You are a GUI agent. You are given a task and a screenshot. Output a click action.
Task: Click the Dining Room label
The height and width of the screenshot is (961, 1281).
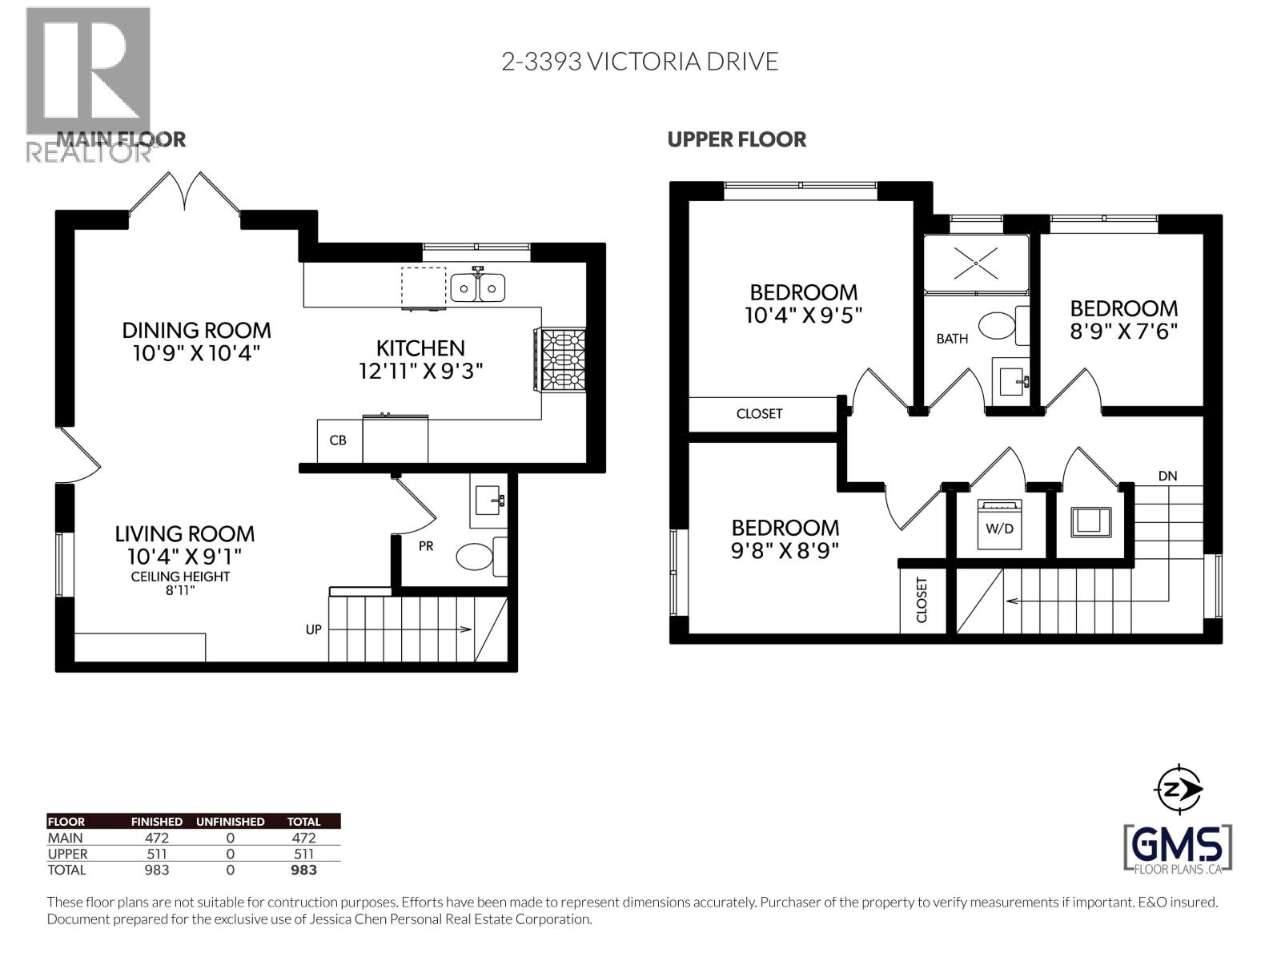[x=196, y=330]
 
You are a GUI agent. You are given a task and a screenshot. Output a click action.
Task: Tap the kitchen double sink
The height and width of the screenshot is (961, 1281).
[x=477, y=287]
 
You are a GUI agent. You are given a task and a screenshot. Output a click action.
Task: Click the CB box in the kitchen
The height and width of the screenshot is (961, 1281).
[x=338, y=440]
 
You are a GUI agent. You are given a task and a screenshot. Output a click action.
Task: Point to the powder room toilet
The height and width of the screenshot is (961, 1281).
[x=477, y=557]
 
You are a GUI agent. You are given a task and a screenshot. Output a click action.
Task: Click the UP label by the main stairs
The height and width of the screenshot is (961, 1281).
[x=313, y=629]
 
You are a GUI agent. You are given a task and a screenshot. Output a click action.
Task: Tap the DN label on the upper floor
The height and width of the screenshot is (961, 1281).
[x=1167, y=476]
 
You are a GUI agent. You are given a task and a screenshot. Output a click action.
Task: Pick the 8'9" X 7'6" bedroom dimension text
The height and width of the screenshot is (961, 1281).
[x=1124, y=332]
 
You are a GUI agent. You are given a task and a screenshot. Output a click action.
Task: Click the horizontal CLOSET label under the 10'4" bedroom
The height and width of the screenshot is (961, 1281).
[x=759, y=414]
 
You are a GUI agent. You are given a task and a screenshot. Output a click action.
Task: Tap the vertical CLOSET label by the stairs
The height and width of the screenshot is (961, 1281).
[x=921, y=600]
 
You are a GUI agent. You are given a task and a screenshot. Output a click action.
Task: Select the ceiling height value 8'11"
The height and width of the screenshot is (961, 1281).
[x=180, y=591]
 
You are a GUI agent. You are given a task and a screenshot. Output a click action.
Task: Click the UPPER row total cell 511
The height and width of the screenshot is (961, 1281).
[x=303, y=854]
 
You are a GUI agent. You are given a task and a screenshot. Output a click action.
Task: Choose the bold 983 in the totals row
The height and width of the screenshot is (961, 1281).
[x=303, y=870]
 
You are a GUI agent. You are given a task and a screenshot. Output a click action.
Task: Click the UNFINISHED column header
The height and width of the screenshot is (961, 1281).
[x=230, y=822]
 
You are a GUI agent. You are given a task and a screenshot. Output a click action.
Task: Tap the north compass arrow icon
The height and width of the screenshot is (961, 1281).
[x=1181, y=790]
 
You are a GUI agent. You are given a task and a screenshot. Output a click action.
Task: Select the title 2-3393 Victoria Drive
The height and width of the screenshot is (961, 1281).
[x=640, y=62]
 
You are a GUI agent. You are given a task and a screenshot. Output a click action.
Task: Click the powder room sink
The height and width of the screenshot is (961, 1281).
[x=488, y=501]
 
